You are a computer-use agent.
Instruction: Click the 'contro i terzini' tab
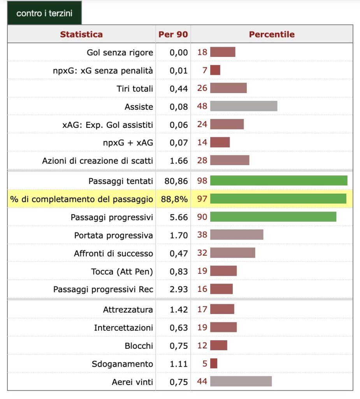pos(44,13)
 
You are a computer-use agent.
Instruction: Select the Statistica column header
pos(81,34)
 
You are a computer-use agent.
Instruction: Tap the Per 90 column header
pos(173,34)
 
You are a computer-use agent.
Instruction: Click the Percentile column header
pos(272,34)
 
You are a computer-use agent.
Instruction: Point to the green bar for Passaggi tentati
pos(279,181)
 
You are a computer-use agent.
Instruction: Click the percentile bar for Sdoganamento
pos(214,364)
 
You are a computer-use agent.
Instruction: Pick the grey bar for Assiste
pos(244,106)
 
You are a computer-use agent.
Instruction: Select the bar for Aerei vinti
pos(241,381)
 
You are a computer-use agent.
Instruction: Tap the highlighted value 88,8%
pos(174,199)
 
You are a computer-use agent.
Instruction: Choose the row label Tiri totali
pos(135,88)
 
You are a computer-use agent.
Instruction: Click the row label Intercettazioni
pos(123,328)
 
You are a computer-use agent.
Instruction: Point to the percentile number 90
pos(202,217)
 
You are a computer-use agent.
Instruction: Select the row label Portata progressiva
pos(114,235)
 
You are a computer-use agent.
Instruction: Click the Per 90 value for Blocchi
pos(179,346)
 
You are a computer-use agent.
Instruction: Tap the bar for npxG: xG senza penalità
pos(215,70)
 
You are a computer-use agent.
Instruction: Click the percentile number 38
pos(202,235)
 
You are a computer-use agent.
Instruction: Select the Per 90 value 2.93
pos(179,290)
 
